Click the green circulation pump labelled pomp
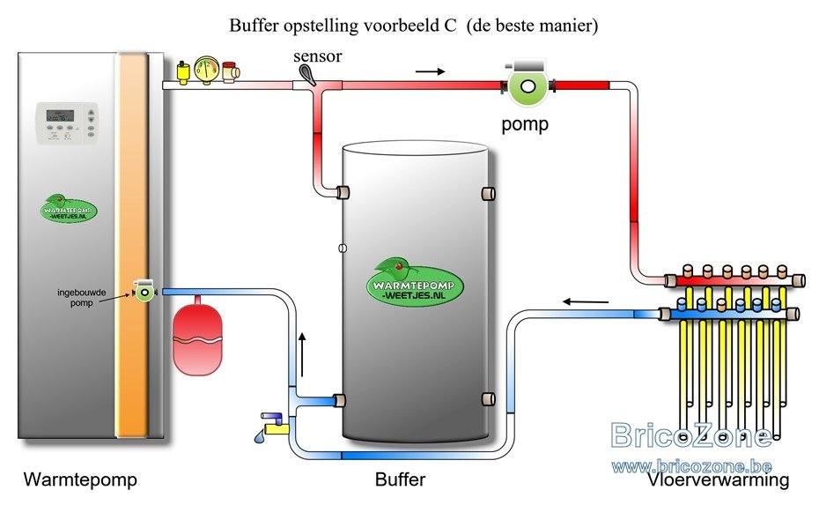(528, 83)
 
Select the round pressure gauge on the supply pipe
(207, 71)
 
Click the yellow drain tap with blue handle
(275, 425)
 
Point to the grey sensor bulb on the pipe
(306, 75)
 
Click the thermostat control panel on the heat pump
(66, 123)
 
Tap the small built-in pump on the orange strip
(144, 291)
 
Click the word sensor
(318, 56)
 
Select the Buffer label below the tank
(400, 479)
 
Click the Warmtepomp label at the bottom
(80, 479)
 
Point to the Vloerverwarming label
(719, 480)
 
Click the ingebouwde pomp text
(82, 298)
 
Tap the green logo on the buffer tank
(415, 282)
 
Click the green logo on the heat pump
(68, 208)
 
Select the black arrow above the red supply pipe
(431, 71)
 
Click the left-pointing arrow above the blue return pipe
(586, 301)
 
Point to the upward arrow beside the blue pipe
(302, 353)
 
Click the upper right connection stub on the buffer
(488, 193)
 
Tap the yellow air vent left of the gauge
(183, 72)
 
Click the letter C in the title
(450, 25)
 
